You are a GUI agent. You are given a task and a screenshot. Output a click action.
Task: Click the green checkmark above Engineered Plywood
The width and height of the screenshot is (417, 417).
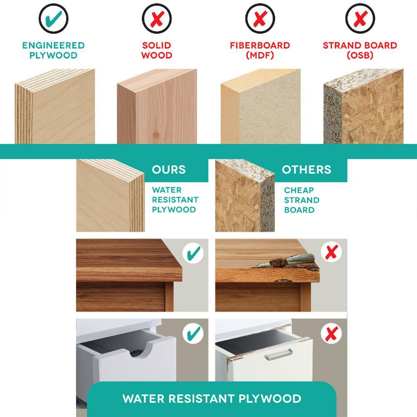click(53, 19)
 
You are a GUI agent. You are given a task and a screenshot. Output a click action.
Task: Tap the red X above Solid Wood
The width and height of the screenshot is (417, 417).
click(157, 19)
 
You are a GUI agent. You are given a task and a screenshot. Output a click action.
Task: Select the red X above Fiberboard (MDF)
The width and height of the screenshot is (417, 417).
click(260, 19)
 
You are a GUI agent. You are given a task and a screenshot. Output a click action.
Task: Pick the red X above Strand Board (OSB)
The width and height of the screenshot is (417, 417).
click(360, 19)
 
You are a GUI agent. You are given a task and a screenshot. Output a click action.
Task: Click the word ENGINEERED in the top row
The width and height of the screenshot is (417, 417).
click(53, 45)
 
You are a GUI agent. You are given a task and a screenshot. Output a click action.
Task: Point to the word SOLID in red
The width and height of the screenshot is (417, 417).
click(157, 45)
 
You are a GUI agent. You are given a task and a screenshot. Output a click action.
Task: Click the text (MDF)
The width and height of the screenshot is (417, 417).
click(260, 55)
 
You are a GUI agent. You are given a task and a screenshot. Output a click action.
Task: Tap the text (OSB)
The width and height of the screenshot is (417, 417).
click(360, 55)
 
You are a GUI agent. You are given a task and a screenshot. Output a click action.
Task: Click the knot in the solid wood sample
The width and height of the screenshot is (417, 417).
click(156, 135)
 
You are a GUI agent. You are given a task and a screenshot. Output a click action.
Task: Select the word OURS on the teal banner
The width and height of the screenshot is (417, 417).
click(168, 170)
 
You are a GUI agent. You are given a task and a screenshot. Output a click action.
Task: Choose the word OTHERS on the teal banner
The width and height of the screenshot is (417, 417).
click(306, 170)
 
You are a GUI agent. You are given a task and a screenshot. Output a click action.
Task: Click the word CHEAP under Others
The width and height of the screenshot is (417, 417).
click(299, 191)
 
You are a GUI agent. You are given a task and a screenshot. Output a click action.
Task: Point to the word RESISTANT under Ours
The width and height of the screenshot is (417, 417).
click(175, 200)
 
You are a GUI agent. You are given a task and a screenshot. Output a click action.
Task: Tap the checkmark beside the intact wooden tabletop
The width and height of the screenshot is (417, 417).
click(193, 253)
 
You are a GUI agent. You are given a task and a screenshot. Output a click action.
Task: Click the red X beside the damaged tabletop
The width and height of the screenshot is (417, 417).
click(332, 252)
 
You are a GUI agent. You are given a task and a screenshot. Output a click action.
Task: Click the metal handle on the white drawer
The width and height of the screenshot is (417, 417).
click(279, 354)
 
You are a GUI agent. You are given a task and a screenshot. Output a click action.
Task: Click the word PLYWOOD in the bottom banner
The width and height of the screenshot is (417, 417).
click(270, 398)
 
